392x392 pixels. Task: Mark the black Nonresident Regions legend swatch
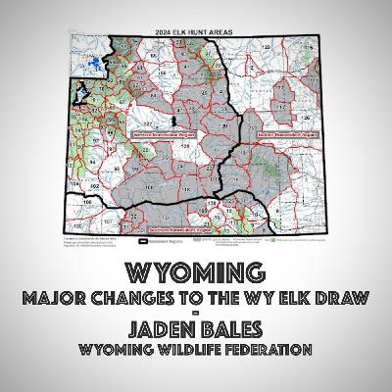[141, 235]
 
